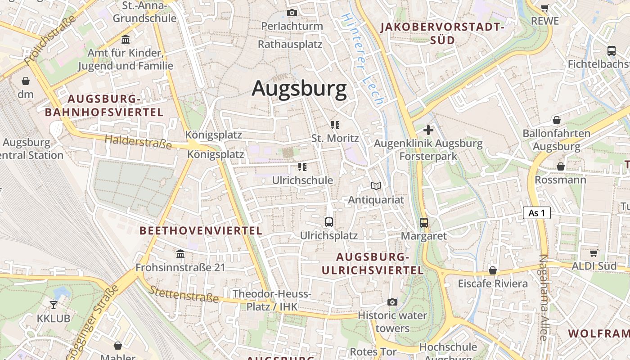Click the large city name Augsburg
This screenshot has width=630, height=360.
point(299,89)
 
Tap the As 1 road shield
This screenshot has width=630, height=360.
point(537,213)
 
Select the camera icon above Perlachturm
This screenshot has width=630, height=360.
point(292,13)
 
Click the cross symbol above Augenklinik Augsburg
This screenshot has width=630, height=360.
point(428,130)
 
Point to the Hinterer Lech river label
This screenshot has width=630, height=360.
point(362,58)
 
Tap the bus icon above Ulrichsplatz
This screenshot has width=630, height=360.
point(329,222)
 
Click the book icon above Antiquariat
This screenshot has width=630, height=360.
point(376,186)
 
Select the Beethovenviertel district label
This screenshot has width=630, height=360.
point(201,231)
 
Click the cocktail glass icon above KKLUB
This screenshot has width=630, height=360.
point(54,305)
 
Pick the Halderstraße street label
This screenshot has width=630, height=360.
point(138,142)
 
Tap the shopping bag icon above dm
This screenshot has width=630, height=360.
point(26,81)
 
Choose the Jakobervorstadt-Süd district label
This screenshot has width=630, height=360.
point(442,33)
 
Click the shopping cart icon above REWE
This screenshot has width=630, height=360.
point(544,8)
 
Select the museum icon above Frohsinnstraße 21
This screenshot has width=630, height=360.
point(180,254)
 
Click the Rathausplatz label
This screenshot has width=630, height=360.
point(290,44)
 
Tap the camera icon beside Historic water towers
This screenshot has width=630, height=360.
point(392,302)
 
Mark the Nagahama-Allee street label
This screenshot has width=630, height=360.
point(543,297)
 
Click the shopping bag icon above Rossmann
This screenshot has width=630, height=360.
point(560,167)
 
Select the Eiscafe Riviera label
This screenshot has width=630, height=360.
point(493,284)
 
